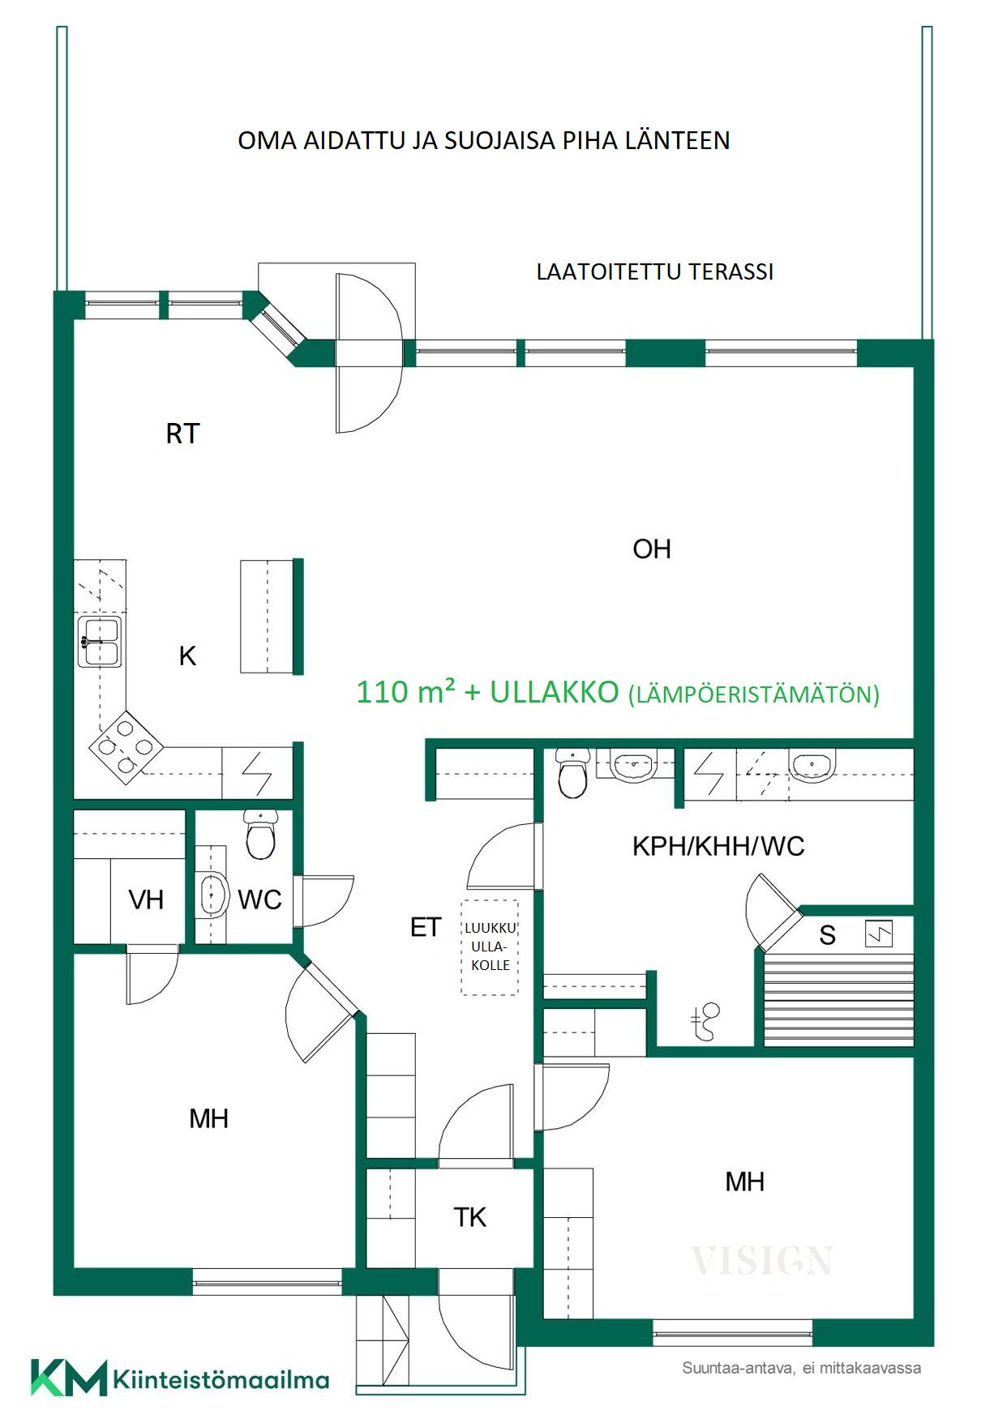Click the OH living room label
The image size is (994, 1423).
point(652,549)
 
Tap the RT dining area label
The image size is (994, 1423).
point(182,434)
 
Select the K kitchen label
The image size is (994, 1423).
point(187,656)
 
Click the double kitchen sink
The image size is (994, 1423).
point(100,642)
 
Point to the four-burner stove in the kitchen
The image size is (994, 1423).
point(126,747)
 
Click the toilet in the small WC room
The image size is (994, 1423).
point(260,835)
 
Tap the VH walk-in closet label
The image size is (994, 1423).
point(146,900)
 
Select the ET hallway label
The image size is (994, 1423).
point(426,927)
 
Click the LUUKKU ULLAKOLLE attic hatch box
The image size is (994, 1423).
point(490,947)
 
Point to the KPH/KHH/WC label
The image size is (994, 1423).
point(718,847)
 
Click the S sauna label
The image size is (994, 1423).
point(827,936)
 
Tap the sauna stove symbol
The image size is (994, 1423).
point(879,934)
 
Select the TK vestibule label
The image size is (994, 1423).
point(470,1218)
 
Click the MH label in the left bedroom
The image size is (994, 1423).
point(208,1119)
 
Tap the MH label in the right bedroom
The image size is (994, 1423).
point(744,1182)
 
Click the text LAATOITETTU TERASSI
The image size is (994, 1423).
point(655,272)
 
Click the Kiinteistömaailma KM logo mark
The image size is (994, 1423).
point(69,1378)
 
